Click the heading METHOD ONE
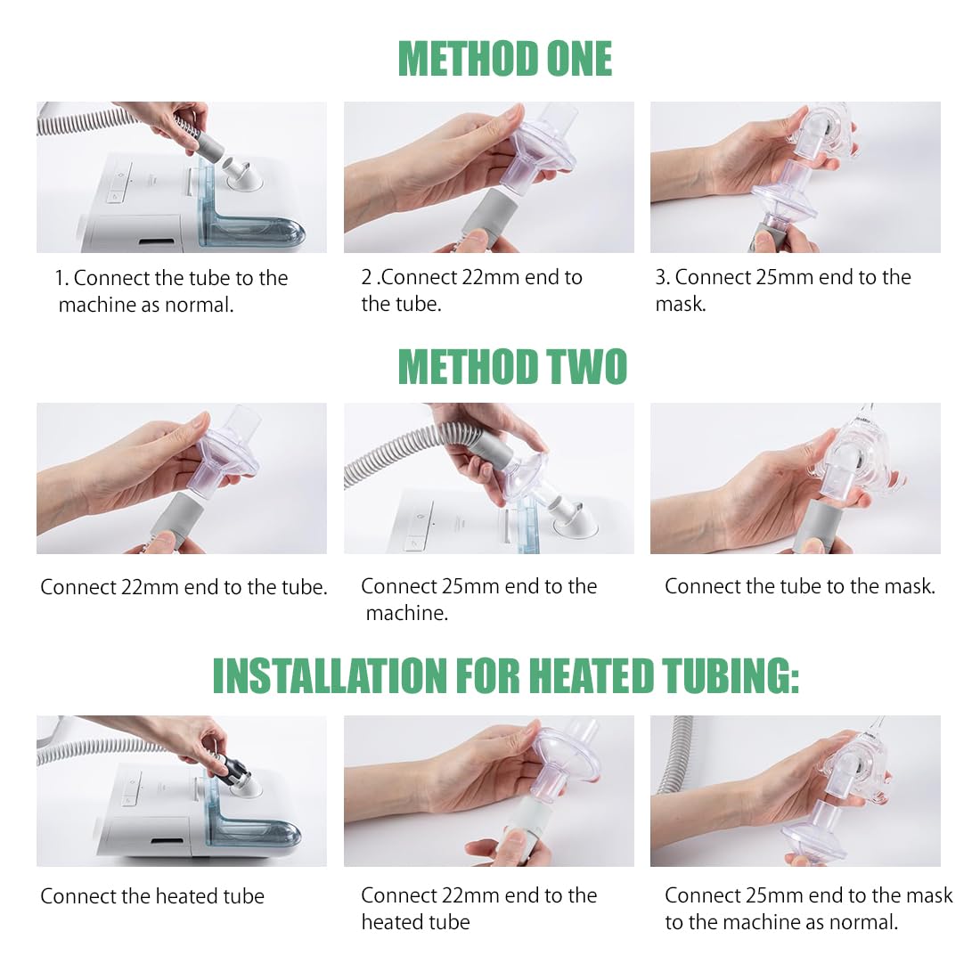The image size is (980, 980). [x=505, y=59]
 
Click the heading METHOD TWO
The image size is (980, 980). [x=512, y=366]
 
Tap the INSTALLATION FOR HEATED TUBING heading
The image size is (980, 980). [x=506, y=675]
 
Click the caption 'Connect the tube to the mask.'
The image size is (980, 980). [x=800, y=586]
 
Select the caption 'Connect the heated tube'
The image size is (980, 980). [x=152, y=896]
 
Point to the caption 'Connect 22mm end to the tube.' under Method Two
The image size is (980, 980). [x=184, y=587]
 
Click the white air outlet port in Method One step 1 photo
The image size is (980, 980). [x=245, y=175]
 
